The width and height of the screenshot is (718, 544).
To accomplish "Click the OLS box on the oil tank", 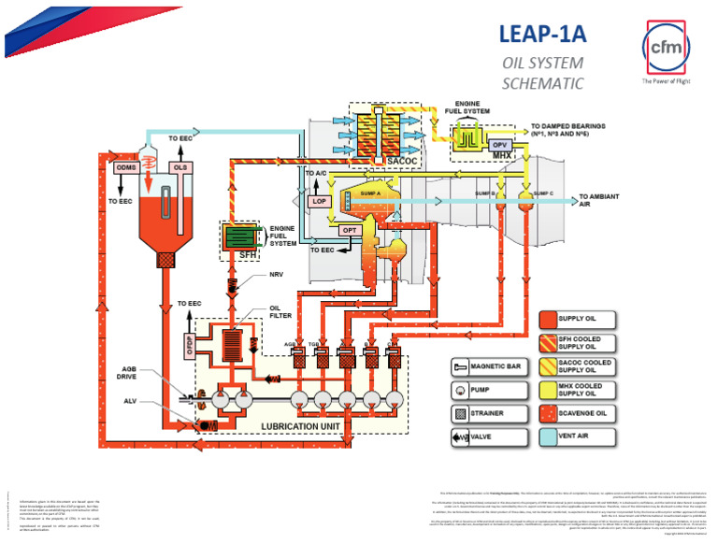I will pos(181,167).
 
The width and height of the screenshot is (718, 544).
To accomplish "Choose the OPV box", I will pos(498,143).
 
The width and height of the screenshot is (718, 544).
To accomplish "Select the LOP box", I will pos(320,200).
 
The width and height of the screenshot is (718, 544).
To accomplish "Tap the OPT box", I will pos(350,231).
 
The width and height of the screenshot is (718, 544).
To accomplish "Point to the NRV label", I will pos(277,275).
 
